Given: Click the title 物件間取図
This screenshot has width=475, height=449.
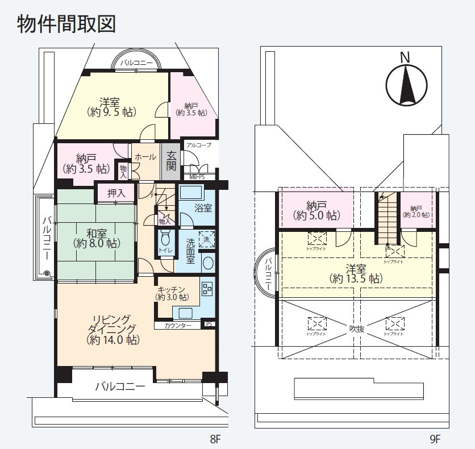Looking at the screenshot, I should pyautogui.click(x=66, y=24).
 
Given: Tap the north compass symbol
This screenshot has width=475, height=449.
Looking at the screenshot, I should pyautogui.click(x=407, y=82).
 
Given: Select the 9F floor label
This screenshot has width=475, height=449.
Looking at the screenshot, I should pyautogui.click(x=435, y=439).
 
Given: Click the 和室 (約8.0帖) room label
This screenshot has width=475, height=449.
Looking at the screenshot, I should pyautogui.click(x=96, y=238).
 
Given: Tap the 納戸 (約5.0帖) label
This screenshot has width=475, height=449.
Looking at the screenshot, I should pyautogui.click(x=316, y=210).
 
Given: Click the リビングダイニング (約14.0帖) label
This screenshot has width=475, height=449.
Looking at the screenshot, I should pyautogui.click(x=113, y=329).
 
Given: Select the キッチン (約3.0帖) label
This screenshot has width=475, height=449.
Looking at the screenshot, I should pyautogui.click(x=172, y=293).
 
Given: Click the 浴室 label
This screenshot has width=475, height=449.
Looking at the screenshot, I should pyautogui.click(x=203, y=208).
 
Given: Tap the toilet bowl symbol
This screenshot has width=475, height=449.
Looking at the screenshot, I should pyautogui.click(x=166, y=239).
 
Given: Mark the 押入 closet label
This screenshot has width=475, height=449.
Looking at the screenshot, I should pyautogui.click(x=116, y=193).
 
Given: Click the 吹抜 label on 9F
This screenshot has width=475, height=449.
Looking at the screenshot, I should pyautogui.click(x=356, y=328).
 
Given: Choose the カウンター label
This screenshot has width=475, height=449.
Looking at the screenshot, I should pyautogui.click(x=177, y=326).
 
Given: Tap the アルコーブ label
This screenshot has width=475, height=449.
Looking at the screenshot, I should pyautogui.click(x=198, y=145).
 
